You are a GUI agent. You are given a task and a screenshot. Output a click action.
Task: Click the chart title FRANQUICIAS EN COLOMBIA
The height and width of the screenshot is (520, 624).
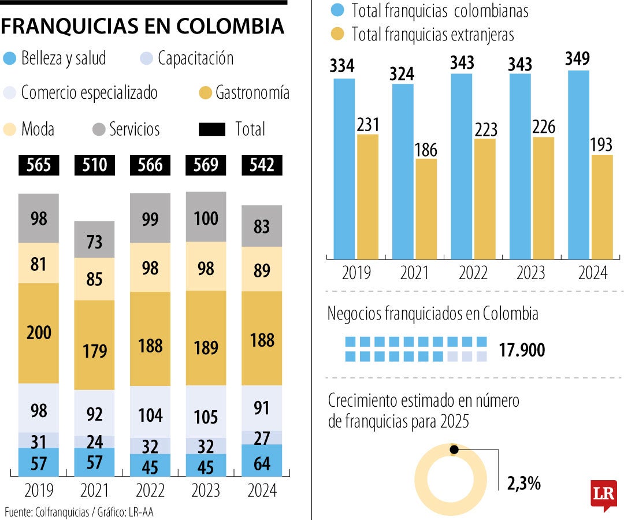pyautogui.click(x=143, y=26)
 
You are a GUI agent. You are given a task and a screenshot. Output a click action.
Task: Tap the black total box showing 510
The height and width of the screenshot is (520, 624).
pyautogui.click(x=94, y=165)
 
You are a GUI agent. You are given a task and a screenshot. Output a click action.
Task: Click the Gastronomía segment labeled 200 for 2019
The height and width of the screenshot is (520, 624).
pyautogui.click(x=39, y=333)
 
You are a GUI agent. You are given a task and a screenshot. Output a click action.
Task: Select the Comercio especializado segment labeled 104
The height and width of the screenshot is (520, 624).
pyautogui.click(x=150, y=415)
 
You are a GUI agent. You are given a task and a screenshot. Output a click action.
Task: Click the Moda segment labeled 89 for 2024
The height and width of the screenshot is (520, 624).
pyautogui.click(x=262, y=269)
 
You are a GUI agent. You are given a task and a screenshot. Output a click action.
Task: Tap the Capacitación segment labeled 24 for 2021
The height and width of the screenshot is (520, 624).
pyautogui.click(x=94, y=442)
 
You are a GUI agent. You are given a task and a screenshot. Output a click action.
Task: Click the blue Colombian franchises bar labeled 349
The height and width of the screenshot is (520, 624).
pyautogui.click(x=578, y=165)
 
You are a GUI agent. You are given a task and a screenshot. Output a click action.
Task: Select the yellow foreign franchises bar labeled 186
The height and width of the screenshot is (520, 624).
pyautogui.click(x=426, y=209)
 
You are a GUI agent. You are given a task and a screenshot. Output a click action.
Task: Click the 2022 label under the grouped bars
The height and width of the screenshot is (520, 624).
pyautogui.click(x=473, y=273)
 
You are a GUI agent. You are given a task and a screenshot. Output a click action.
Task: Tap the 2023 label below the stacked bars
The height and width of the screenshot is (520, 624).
pyautogui.click(x=206, y=491)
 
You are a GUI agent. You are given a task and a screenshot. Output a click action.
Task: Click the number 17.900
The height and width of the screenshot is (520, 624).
pyautogui.click(x=522, y=350)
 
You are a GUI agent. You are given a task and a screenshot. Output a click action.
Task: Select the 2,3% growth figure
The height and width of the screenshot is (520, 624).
pyautogui.click(x=523, y=483)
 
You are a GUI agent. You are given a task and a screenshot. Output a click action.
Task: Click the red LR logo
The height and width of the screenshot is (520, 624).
pyautogui.click(x=603, y=495)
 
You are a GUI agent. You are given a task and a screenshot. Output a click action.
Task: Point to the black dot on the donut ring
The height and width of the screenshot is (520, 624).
pyautogui.click(x=454, y=450)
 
